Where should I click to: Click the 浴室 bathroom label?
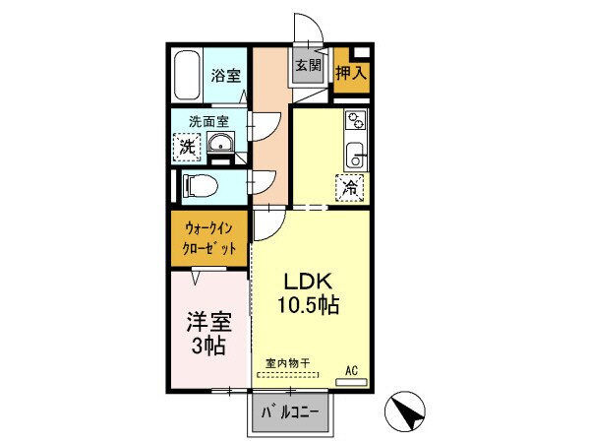pyautogui.click(x=226, y=75)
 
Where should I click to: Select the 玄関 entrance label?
pyautogui.click(x=308, y=66)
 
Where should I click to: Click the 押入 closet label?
pyautogui.click(x=350, y=73)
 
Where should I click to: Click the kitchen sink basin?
pyautogui.click(x=354, y=155)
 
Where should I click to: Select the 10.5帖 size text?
pyautogui.click(x=308, y=305)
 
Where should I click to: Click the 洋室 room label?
pyautogui.click(x=207, y=321)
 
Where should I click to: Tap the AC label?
pyautogui.click(x=350, y=371)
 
